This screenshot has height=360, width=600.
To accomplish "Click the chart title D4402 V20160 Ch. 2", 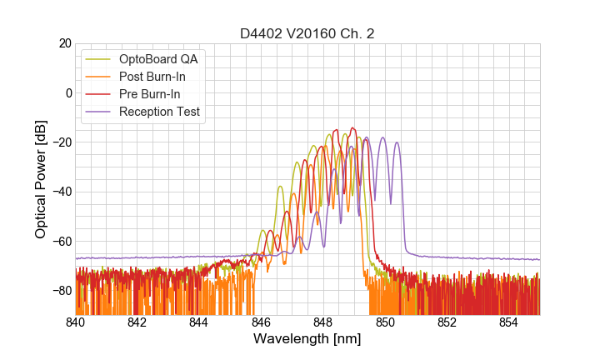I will (307, 34).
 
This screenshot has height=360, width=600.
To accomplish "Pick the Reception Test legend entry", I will (166, 112).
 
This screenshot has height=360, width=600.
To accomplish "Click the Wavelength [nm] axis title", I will (307, 339).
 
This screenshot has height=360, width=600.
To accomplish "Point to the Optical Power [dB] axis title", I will (41, 178).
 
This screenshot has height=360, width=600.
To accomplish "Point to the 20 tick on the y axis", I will (63, 43).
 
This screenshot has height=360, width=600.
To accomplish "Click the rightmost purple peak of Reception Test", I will (397, 142).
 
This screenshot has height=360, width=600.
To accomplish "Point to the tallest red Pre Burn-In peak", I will (353, 128).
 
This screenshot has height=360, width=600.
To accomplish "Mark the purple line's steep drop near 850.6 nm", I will (404, 208).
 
